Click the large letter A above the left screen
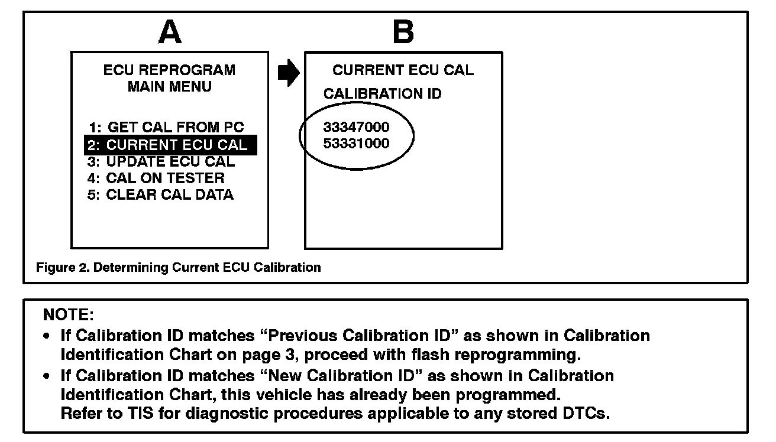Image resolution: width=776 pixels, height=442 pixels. coord(170,32)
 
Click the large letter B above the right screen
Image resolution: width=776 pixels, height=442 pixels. coord(403,32)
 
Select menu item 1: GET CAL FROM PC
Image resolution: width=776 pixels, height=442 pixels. coord(166,127)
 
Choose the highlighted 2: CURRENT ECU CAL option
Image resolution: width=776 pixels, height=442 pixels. coord(170,145)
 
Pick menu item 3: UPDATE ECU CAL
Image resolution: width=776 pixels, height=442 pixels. coord(161,161)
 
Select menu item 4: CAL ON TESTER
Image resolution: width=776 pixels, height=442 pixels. coord(156,178)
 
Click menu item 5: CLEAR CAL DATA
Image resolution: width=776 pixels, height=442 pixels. coord(160,195)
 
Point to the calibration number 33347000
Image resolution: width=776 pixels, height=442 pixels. coord(357,127)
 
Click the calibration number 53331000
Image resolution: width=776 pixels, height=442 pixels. coord(357,144)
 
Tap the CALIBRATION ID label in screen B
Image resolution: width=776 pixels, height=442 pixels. coord(382,95)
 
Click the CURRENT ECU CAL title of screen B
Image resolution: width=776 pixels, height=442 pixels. coord(403,70)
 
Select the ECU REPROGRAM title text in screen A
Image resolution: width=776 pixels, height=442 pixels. coord(169,70)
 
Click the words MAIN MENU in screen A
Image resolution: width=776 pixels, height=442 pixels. coord(169,87)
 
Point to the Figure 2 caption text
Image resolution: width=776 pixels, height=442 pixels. coord(179,267)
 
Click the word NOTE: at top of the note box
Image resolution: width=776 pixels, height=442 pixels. coord(69,314)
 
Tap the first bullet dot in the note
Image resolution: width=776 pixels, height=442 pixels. coord(47,336)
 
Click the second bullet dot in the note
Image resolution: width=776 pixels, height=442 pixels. coord(47,376)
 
